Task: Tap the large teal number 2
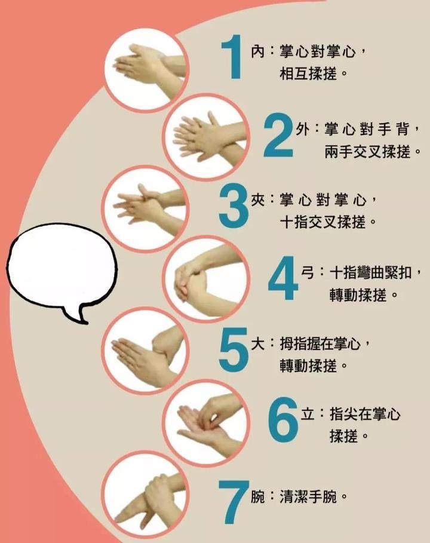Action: click(279, 135)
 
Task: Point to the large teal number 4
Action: click(283, 278)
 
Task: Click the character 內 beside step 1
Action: click(257, 52)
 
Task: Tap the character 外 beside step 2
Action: click(303, 129)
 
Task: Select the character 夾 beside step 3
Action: click(257, 200)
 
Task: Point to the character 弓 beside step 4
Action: click(308, 273)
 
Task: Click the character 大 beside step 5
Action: click(257, 344)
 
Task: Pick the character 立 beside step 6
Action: click(308, 414)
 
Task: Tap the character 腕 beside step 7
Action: click(257, 497)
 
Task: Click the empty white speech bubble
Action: click(62, 266)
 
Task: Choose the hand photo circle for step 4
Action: click(207, 279)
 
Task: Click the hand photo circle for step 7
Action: click(145, 496)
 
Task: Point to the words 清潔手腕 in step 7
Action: click(308, 497)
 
